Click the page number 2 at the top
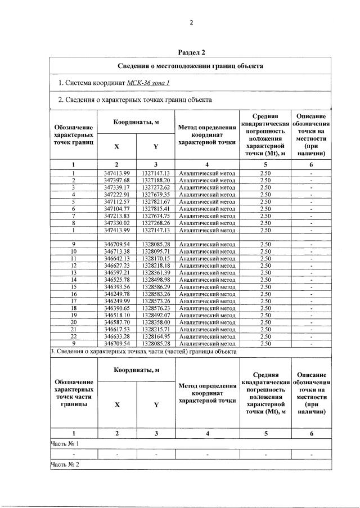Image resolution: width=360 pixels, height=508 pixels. coord(191,23)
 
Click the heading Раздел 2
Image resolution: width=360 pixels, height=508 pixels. coord(191,52)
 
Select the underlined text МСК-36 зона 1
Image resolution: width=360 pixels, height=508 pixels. coord(148,83)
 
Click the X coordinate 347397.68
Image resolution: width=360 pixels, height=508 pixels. coord(117,180)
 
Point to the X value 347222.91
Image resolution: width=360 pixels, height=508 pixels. coord(117,195)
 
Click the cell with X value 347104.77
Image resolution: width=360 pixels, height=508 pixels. coord(117,209)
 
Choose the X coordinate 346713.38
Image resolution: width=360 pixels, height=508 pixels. coord(117,251)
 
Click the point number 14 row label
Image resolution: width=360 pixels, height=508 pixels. coord(73,280)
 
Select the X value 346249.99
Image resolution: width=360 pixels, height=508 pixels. coord(117,301)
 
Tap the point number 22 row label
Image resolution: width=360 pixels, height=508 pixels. coord(73,336)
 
